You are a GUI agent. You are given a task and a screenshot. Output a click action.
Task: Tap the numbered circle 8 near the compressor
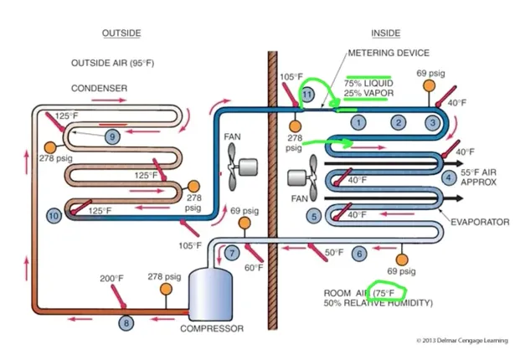coord(127,322)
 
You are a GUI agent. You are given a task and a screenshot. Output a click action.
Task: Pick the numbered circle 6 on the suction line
coord(359,253)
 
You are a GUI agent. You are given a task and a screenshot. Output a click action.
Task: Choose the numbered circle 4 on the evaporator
coord(450,177)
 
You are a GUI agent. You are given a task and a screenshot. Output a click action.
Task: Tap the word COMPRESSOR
coord(212,329)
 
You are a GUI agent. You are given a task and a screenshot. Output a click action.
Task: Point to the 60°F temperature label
coord(254,268)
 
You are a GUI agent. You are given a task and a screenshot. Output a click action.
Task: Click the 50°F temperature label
coord(334,252)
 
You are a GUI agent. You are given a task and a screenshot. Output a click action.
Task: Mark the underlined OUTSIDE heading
coord(121,33)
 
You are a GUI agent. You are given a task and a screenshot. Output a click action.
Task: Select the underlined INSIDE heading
coord(385,33)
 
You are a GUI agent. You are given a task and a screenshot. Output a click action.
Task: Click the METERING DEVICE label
coord(389,53)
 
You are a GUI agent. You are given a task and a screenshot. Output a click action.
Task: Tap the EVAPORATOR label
coord(480,222)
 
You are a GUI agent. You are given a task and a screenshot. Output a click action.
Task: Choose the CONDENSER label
coord(99,88)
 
